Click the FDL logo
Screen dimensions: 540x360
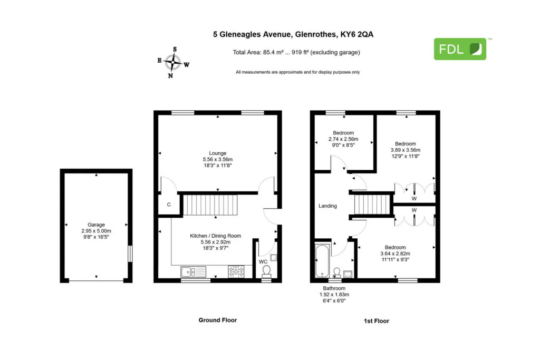click(460, 49)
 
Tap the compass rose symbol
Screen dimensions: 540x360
click(173, 62)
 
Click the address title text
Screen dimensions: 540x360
click(293, 34)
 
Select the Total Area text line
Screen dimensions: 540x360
click(296, 52)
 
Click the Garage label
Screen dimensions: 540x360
click(96, 225)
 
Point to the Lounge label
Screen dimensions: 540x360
click(218, 153)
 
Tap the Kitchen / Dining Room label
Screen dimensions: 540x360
click(216, 236)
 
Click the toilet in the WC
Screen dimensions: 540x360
click(266, 271)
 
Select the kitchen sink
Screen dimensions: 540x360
click(193, 271)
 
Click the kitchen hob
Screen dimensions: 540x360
click(236, 271)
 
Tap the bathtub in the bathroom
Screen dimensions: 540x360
click(322, 261)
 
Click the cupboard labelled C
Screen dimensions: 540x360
click(169, 205)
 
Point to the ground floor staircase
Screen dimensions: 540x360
click(210, 205)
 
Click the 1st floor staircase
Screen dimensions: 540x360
click(372, 205)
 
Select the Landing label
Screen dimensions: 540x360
click(327, 206)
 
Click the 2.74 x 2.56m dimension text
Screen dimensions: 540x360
click(343, 139)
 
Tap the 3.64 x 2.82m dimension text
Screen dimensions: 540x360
click(396, 254)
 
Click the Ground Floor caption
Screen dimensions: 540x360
click(218, 320)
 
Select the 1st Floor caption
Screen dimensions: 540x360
click(377, 321)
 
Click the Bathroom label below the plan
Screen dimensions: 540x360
click(334, 288)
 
